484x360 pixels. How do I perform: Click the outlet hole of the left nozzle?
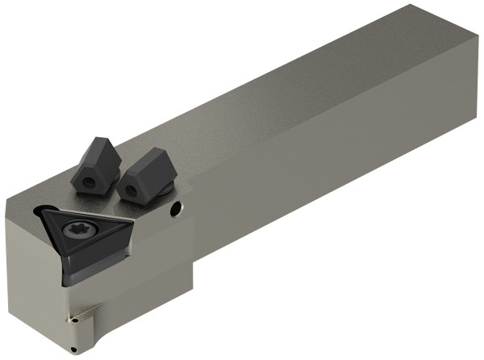point(85,182)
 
